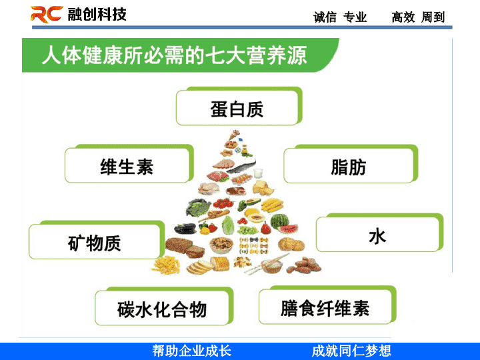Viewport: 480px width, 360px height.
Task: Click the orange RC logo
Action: [47, 14]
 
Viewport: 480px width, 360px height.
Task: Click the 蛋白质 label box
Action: [239, 106]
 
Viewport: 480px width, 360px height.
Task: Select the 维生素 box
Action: [129, 164]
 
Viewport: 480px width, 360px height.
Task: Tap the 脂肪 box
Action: [351, 164]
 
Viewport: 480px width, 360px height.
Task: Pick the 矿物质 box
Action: [97, 240]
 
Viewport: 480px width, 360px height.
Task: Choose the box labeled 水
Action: [379, 233]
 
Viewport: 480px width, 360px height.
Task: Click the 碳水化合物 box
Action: [164, 306]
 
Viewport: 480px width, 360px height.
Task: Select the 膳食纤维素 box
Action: [327, 305]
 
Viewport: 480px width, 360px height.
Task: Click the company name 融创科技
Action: [97, 15]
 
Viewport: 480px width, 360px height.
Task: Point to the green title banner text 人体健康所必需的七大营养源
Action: [174, 55]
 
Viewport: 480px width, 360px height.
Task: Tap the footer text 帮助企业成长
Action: [191, 351]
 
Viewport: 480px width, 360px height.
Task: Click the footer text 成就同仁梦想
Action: [351, 351]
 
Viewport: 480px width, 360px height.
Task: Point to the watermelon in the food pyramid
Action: [283, 223]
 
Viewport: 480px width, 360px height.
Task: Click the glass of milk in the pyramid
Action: [258, 173]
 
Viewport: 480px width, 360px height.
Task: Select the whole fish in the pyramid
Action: [242, 167]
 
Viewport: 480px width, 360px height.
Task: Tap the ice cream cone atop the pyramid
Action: [235, 135]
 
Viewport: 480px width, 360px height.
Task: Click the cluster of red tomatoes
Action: [223, 203]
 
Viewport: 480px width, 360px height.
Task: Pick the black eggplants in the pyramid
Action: [185, 229]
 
